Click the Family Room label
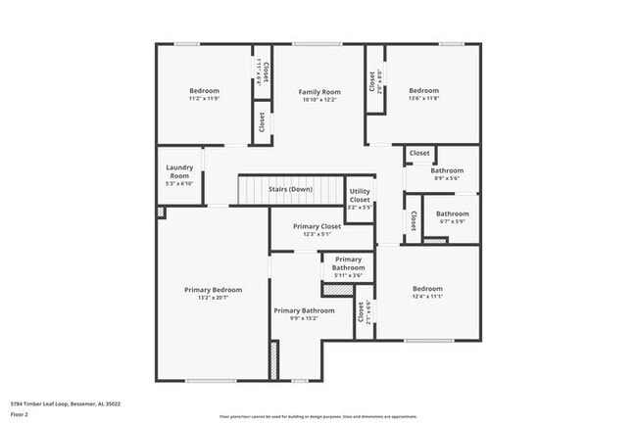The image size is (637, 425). coord(318,92)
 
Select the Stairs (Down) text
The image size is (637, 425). coord(290,189)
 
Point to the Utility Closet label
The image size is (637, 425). coord(360,195)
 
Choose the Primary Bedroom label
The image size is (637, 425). coord(213,290)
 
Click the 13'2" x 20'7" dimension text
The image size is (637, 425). coord(213,298)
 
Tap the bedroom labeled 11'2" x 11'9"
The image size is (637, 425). coord(204,92)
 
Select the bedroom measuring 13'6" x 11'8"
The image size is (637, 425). coord(423,92)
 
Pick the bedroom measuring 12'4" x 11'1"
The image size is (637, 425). coord(427,290)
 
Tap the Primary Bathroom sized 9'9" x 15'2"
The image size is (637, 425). coord(304,312)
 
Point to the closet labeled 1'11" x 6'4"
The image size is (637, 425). coord(262,72)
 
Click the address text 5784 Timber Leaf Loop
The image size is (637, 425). coord(65,403)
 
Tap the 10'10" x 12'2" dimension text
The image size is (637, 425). coord(318,100)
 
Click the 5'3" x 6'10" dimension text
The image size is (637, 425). coord(178,183)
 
